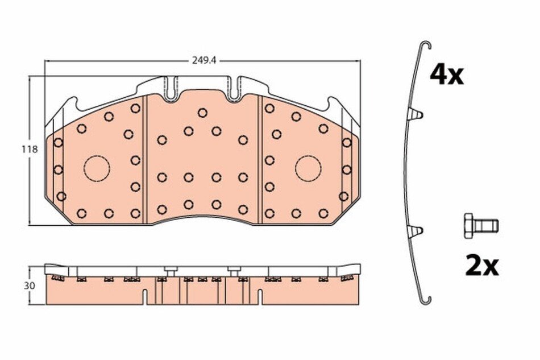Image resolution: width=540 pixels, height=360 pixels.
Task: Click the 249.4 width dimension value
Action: (x=204, y=61)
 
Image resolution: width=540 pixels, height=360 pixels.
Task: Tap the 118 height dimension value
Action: (x=29, y=150)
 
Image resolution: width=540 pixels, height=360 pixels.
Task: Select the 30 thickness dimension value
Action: (x=30, y=285)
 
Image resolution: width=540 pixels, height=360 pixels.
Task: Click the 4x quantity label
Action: (x=446, y=76)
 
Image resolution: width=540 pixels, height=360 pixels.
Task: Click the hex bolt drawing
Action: (x=481, y=226)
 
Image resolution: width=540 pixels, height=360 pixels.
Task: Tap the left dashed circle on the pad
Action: (x=97, y=169)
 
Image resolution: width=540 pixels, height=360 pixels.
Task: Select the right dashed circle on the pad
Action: (x=308, y=169)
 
